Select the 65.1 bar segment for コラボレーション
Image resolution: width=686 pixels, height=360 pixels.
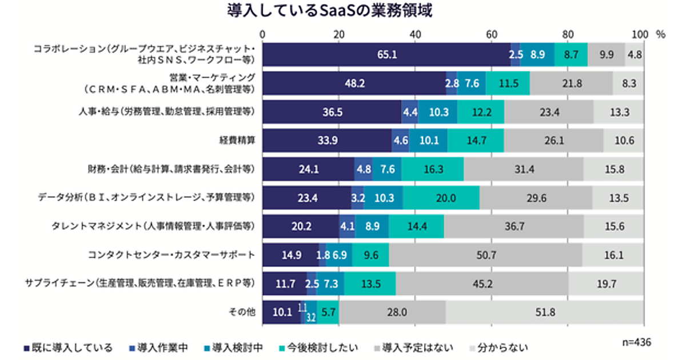(386, 55)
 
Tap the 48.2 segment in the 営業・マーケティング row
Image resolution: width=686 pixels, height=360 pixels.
(354, 83)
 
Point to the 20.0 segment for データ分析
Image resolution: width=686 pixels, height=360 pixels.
(441, 197)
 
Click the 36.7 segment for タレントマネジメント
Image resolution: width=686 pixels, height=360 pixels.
(514, 226)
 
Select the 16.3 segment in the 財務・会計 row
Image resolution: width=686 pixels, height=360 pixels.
(433, 169)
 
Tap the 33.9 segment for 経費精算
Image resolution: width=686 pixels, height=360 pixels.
(327, 140)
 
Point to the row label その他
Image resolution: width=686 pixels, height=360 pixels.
(245, 311)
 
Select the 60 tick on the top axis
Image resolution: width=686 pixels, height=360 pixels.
(491, 34)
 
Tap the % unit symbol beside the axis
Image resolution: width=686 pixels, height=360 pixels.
(661, 34)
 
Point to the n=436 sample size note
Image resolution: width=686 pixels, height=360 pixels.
(636, 342)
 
